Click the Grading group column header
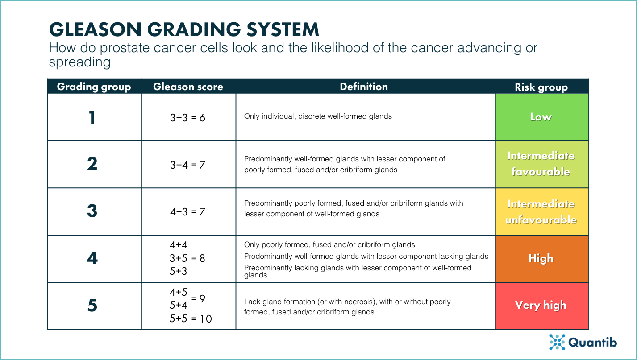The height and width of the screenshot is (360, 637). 94,87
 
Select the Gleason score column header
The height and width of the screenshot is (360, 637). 188,87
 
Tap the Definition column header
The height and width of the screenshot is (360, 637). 364,87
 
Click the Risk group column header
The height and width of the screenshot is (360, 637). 541,87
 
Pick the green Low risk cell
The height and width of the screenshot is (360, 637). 541,117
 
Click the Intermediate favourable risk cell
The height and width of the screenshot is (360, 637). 541,164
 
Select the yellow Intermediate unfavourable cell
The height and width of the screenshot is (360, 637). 541,211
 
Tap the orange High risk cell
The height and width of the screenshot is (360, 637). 541,258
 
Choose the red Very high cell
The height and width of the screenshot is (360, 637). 541,305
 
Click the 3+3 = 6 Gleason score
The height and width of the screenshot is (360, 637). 187,118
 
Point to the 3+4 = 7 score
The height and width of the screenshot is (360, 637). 187,165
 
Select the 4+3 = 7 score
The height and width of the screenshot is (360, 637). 187,212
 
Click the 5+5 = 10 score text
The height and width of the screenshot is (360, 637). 191,319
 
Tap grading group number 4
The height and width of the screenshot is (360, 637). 92,258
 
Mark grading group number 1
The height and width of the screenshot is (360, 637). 92,117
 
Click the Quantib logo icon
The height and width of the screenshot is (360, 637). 557,342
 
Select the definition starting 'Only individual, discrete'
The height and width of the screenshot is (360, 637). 318,116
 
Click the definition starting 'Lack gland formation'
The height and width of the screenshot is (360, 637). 347,307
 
